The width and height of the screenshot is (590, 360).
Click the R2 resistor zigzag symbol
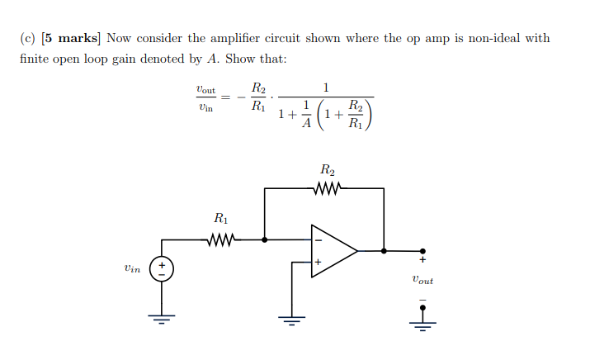[x=327, y=188]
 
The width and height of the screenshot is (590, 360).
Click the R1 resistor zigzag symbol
[x=220, y=240]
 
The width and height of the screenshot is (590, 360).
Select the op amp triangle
[x=332, y=250]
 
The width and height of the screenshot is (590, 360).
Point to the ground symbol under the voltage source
[x=162, y=319]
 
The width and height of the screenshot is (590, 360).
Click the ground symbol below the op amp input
[x=290, y=319]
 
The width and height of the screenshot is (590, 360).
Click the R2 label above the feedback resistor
[x=328, y=171]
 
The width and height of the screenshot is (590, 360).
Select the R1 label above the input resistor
[x=220, y=220]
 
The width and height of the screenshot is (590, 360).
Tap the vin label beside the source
[x=132, y=268]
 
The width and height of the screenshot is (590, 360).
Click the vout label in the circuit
[x=422, y=280]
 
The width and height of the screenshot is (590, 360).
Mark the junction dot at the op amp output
[x=384, y=250]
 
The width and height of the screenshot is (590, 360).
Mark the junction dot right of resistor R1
[x=264, y=240]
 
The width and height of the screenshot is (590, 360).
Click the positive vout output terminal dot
[x=422, y=250]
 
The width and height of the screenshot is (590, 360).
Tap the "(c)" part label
[x=29, y=39]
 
